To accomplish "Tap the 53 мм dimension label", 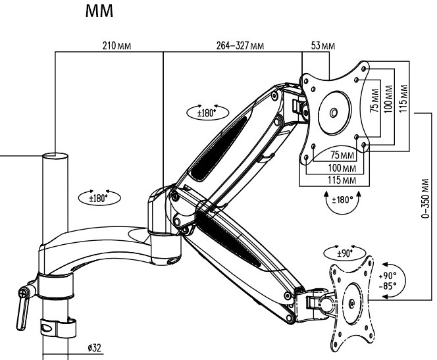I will [x=322, y=47].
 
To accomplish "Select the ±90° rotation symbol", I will [x=342, y=253].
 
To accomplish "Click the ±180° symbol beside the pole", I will [x=93, y=196].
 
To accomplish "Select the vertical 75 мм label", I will [x=374, y=104].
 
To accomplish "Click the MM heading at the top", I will [x=102, y=14].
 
